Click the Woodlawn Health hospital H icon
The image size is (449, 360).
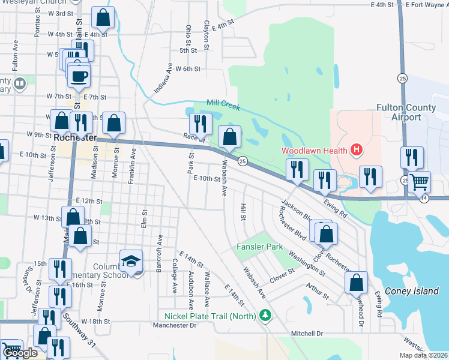(357, 149)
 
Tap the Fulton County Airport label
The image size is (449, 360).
(406, 112)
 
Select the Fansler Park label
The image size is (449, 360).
(259, 247)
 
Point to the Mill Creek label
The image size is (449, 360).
(223, 105)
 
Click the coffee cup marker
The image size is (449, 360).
(79, 76)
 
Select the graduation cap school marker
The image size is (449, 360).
(131, 261)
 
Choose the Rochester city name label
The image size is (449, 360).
(75, 137)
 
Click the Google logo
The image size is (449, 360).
(19, 353)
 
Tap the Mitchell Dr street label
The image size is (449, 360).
(307, 333)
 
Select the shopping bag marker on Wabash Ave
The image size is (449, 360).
(229, 137)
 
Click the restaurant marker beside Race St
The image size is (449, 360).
(200, 124)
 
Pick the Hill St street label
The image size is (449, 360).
(244, 211)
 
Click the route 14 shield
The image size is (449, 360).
(424, 199)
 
